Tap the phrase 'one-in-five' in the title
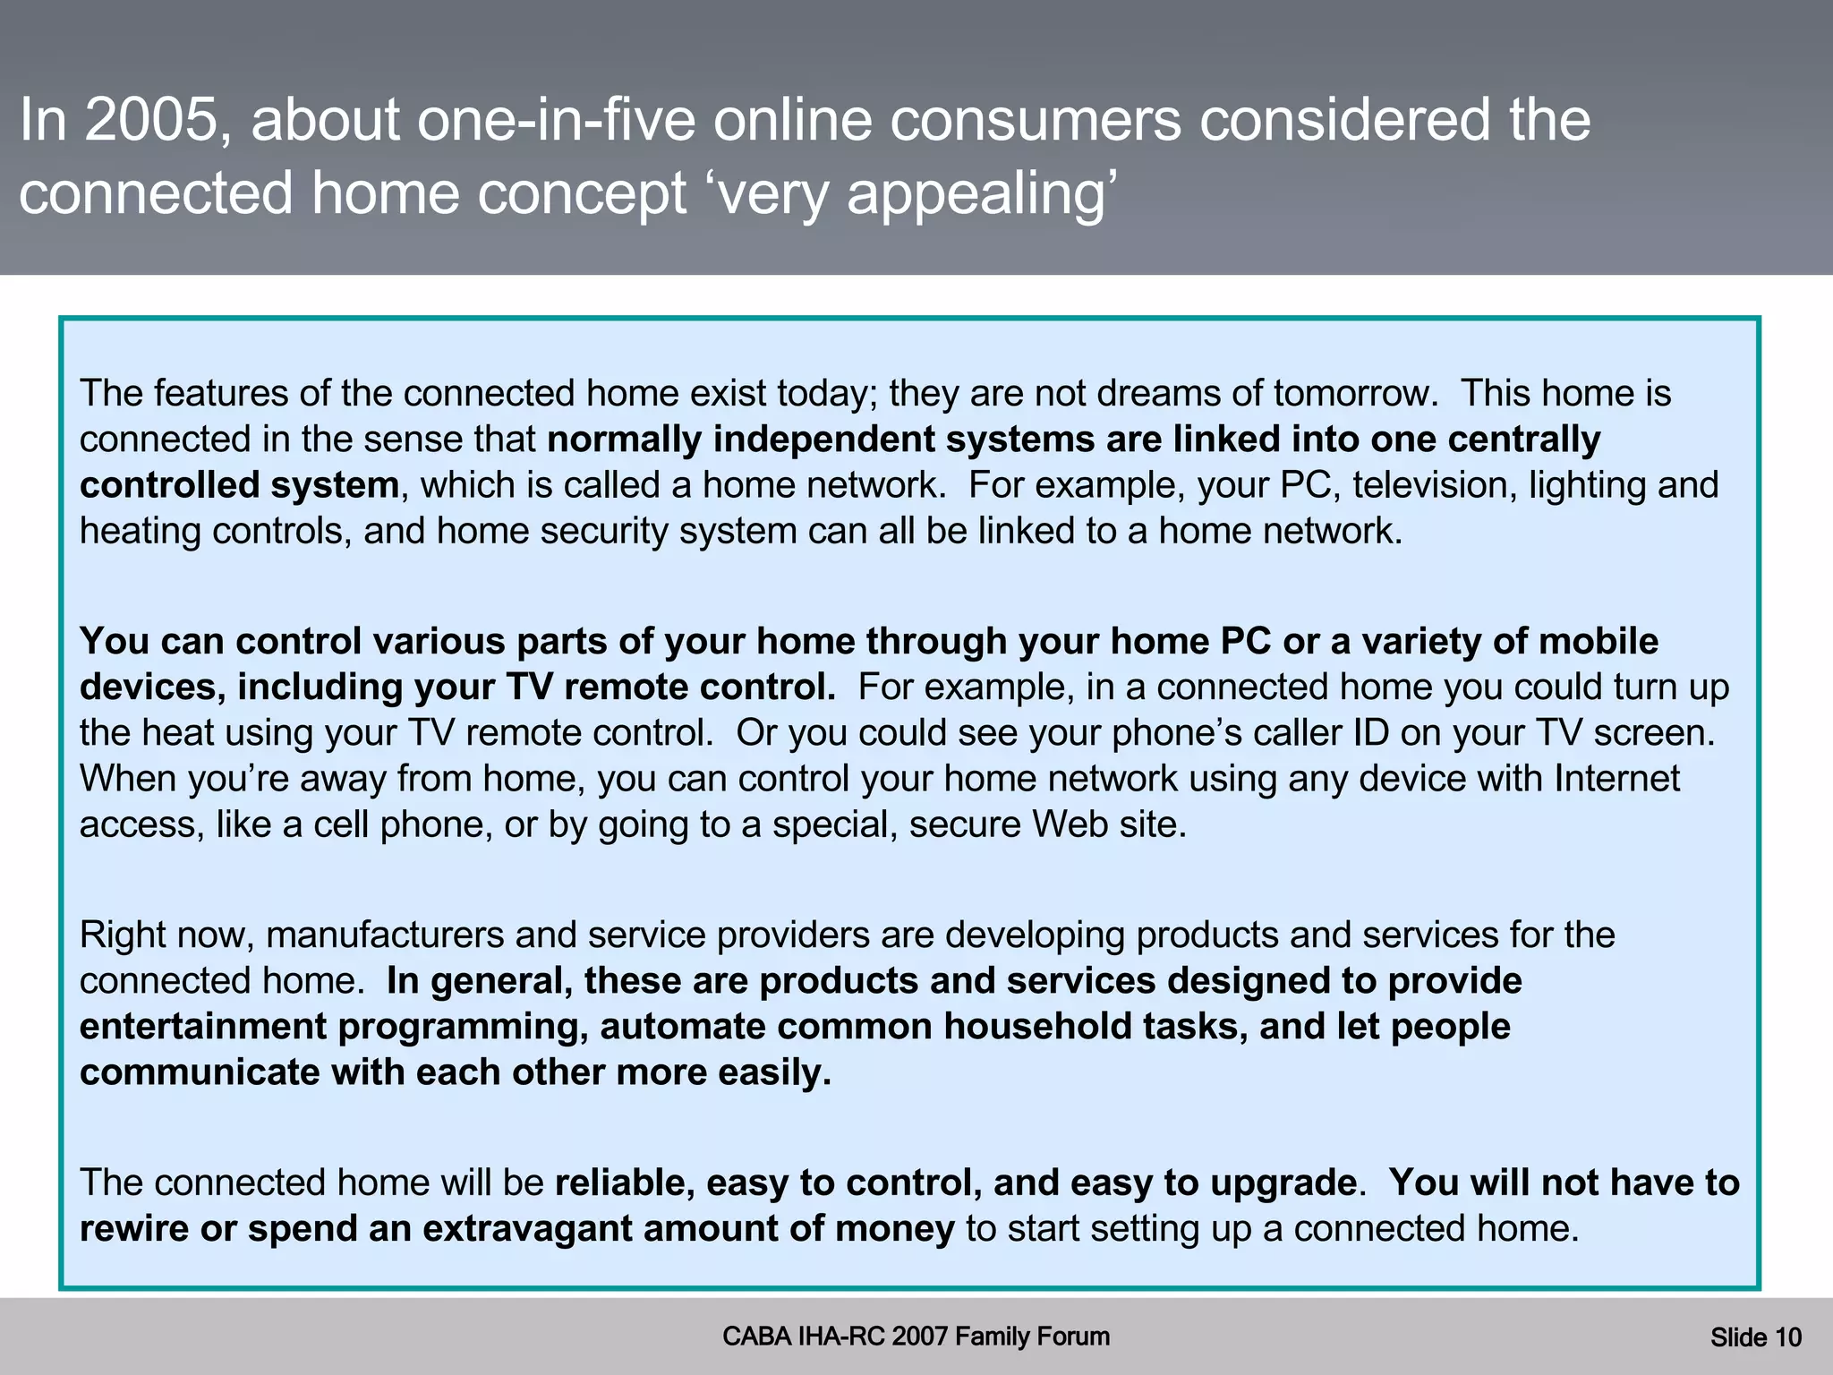tap(556, 120)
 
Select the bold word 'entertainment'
tap(202, 1027)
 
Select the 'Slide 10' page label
tap(1755, 1337)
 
